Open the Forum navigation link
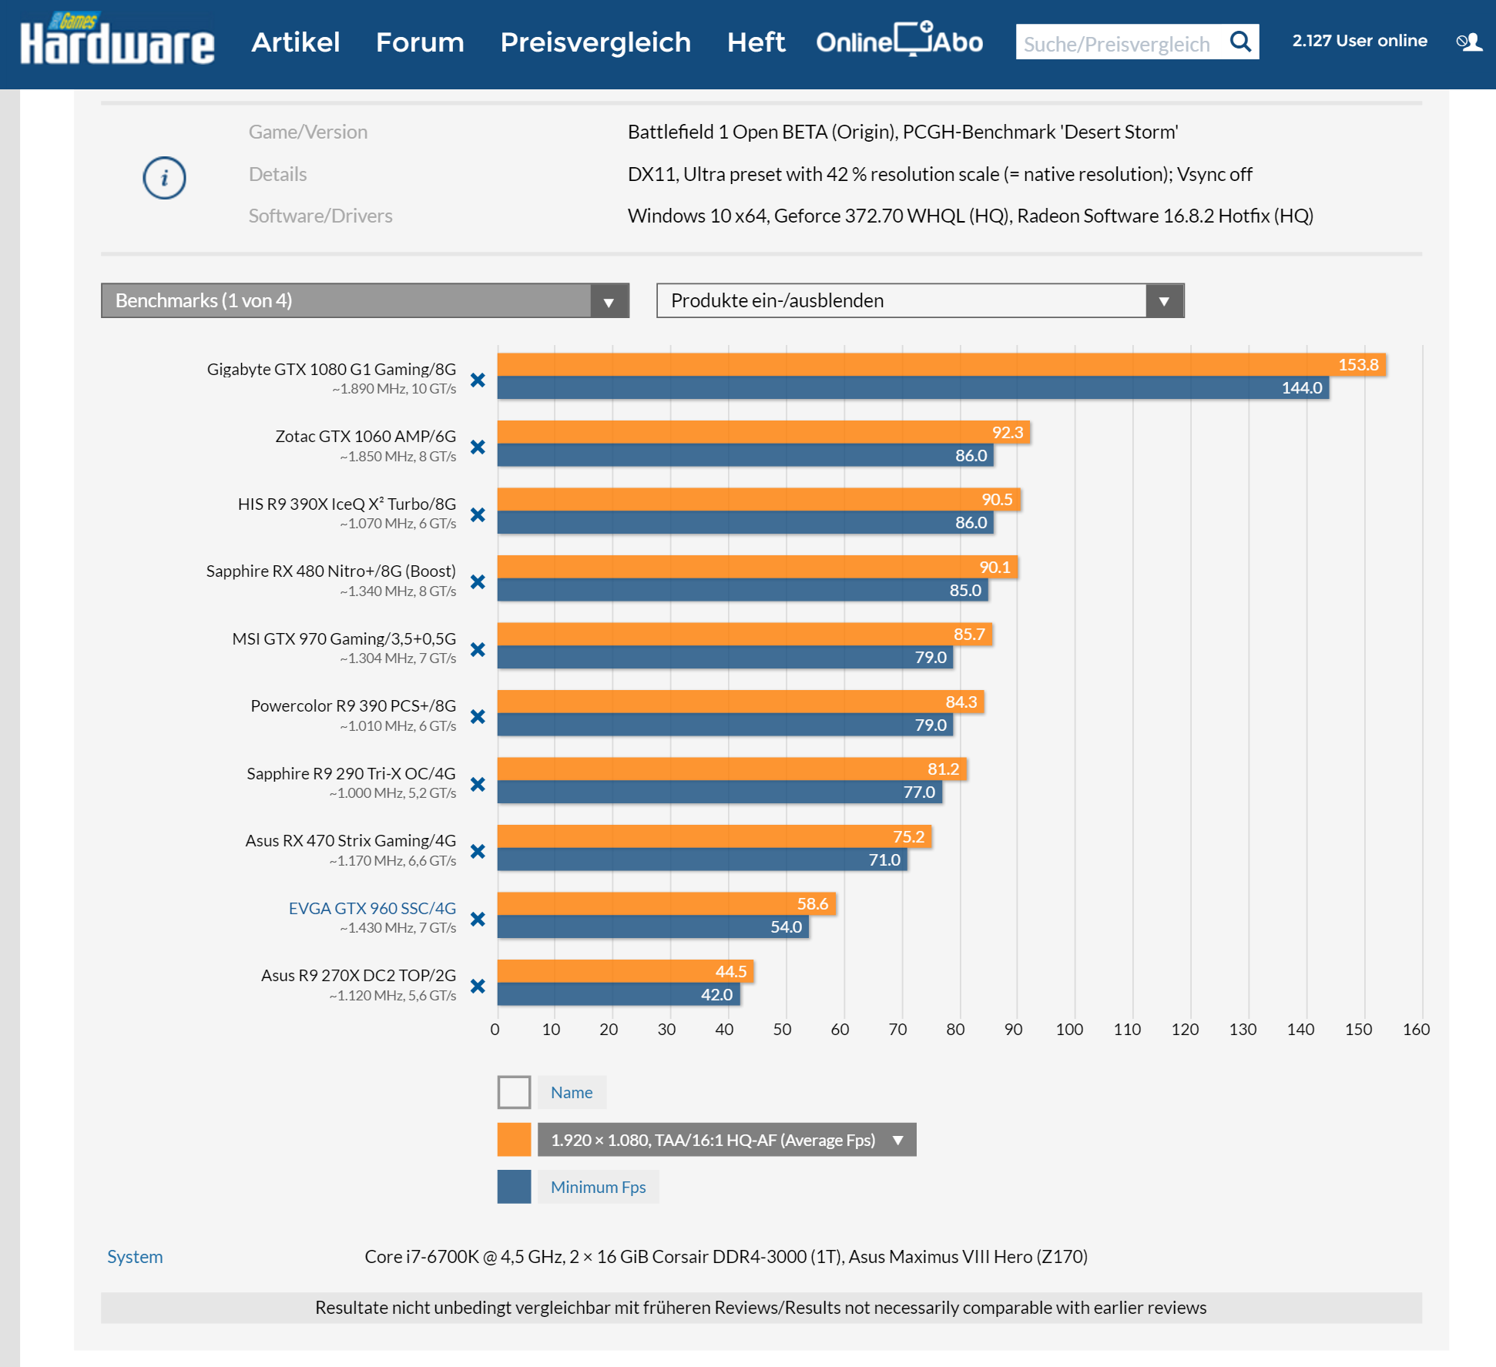coord(420,42)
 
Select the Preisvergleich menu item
coord(595,42)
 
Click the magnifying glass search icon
coord(1240,42)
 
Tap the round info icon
coord(164,178)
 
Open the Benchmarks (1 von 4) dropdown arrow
coord(609,301)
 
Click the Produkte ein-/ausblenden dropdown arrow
coord(1164,301)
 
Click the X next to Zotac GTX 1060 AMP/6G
coord(478,447)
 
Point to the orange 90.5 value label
coord(997,500)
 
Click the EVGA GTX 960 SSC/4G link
coord(372,908)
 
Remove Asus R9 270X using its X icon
coord(478,987)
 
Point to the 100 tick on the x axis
coord(1069,1030)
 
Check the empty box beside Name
coord(514,1092)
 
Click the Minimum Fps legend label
coord(598,1187)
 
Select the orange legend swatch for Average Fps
coord(514,1140)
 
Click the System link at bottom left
coord(135,1257)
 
